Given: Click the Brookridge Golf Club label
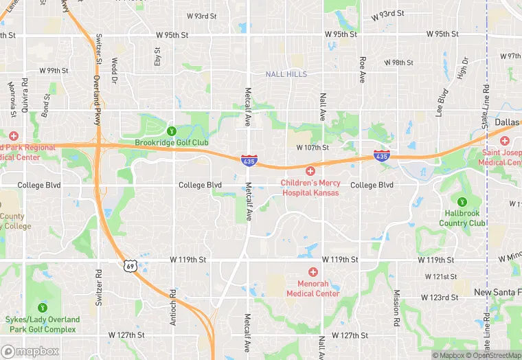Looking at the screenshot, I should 171,142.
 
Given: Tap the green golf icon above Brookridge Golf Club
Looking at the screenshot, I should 172,131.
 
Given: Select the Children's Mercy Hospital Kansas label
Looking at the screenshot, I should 310,188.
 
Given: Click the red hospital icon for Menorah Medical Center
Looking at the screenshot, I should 313,273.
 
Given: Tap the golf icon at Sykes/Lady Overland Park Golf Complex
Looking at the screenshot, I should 43,307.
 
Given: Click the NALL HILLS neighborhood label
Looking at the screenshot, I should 286,74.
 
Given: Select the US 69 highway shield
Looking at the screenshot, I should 130,265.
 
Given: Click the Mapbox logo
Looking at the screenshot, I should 30,351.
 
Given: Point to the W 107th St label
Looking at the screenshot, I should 313,148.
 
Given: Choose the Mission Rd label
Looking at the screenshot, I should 396,303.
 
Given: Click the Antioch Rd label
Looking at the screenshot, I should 173,303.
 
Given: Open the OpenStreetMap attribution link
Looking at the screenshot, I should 492,355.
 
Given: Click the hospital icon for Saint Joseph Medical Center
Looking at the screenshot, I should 505,140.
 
